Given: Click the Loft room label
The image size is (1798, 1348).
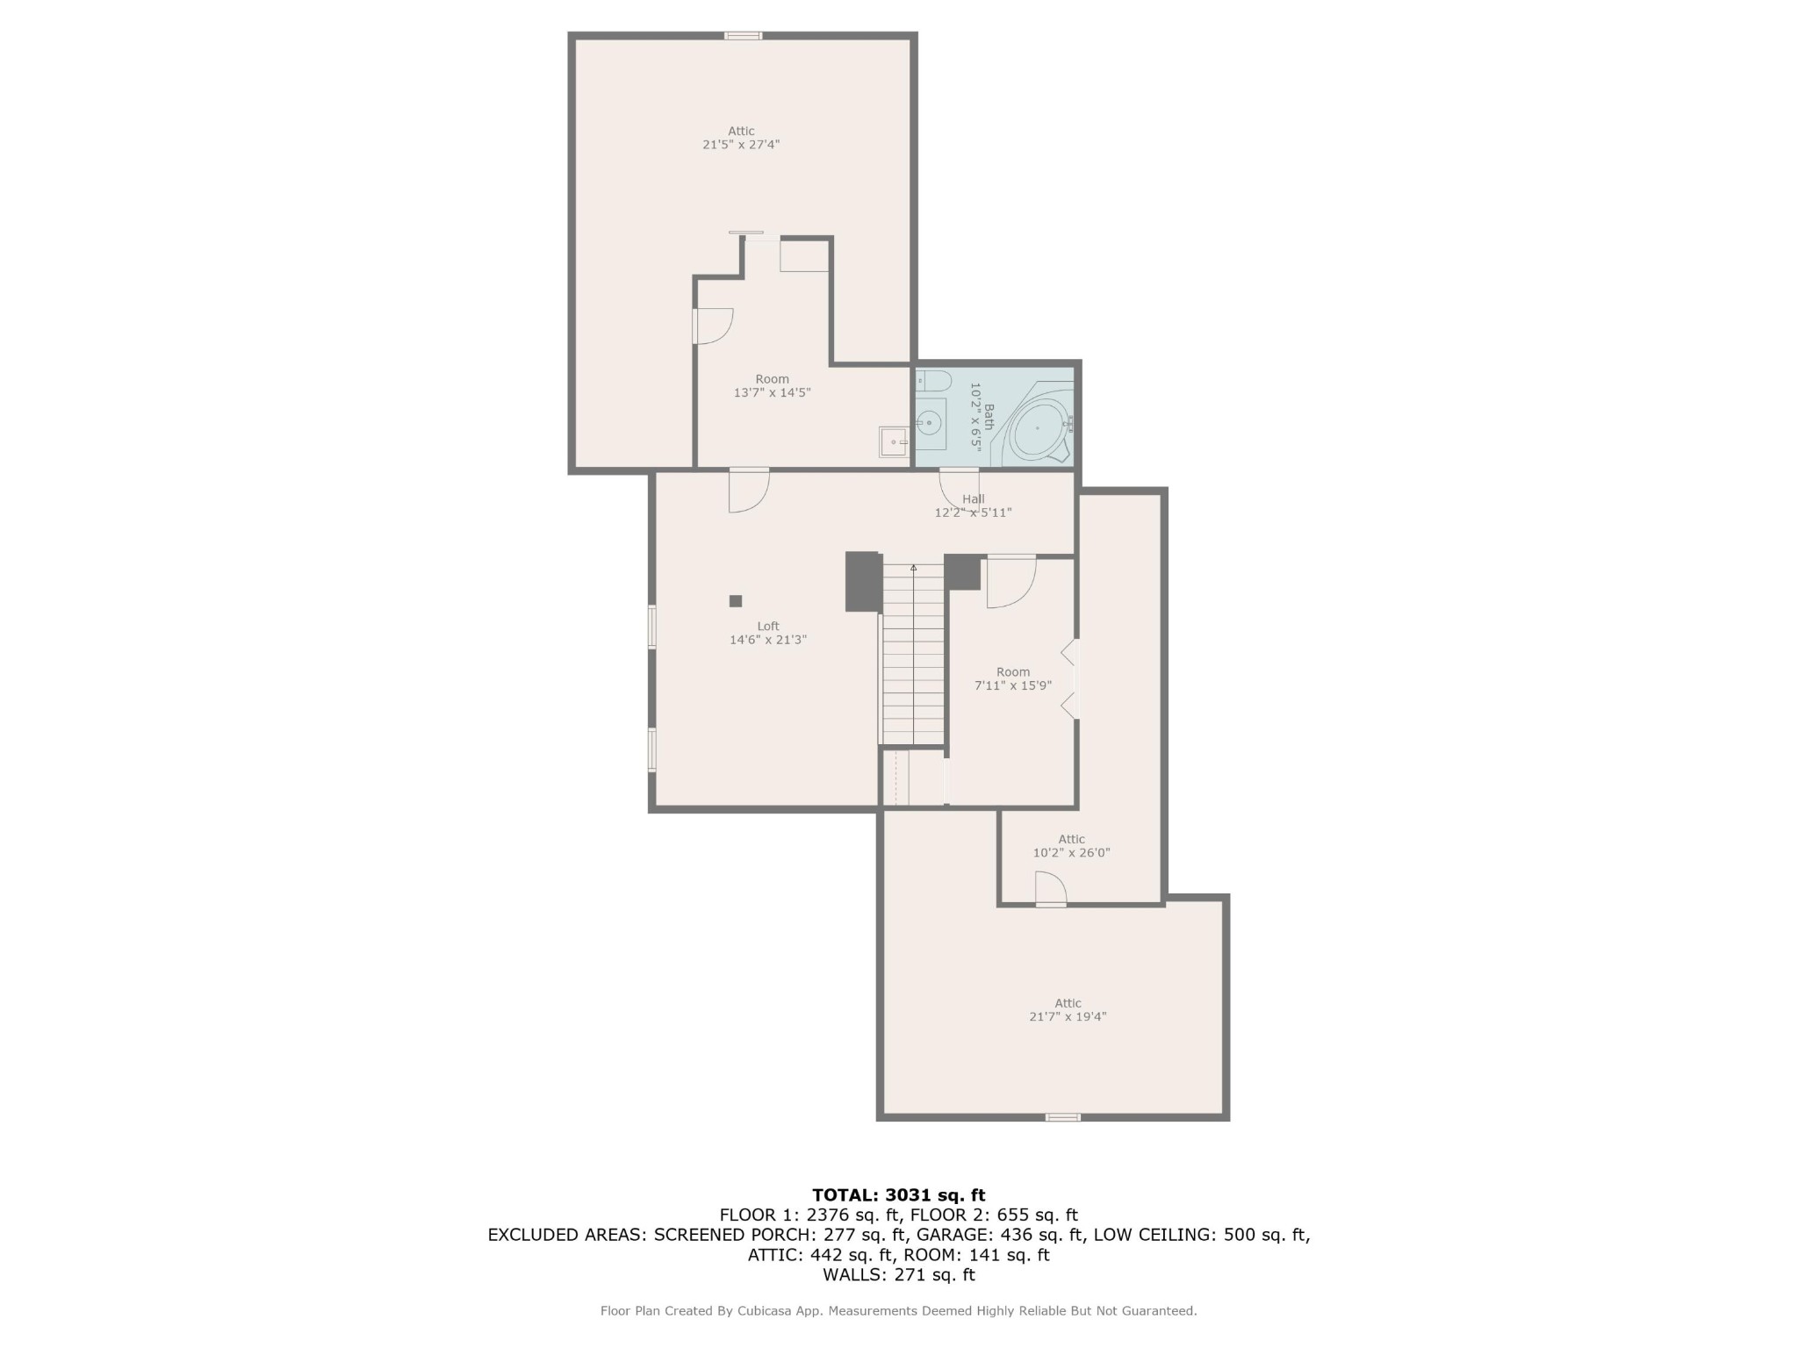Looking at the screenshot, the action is (x=768, y=626).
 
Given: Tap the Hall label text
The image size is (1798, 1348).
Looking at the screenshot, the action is (x=973, y=498).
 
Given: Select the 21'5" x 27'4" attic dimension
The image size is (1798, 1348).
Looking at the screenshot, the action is (x=741, y=145).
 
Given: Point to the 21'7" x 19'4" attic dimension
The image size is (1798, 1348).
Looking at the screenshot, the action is (x=1068, y=1016).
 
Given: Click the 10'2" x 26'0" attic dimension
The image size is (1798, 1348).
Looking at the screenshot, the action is (x=1071, y=852).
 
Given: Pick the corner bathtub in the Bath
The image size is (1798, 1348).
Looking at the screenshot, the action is (x=1039, y=428).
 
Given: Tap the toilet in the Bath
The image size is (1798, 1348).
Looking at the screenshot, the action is (x=934, y=381).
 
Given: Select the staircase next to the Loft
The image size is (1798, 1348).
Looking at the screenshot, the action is (x=913, y=654).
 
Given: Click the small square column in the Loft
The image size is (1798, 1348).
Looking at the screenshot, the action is (x=736, y=601).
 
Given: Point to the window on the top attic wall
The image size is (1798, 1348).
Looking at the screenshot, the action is (x=743, y=36).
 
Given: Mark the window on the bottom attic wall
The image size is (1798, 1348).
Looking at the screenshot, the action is (x=1062, y=1117).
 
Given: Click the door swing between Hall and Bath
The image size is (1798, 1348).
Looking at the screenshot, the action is (x=960, y=490).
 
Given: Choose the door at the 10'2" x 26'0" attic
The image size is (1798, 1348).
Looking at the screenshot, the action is (x=1051, y=888).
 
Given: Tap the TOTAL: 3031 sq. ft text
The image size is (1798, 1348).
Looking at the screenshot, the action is (x=899, y=1194).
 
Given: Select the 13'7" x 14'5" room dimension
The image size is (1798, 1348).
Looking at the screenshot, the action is (x=772, y=393).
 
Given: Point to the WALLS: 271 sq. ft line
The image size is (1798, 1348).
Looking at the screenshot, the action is (x=899, y=1274).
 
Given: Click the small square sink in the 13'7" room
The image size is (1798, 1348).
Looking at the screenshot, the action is (x=894, y=441).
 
